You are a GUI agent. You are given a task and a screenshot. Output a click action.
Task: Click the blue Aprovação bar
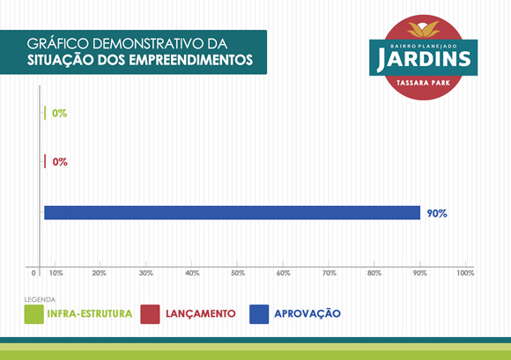pos(232,213)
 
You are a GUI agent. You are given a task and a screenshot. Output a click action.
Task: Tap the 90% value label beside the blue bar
pos(437,214)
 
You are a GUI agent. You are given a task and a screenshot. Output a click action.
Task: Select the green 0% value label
pos(60,114)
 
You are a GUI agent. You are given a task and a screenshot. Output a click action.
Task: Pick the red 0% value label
pos(60,162)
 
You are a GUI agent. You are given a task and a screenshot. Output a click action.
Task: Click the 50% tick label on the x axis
pos(238,273)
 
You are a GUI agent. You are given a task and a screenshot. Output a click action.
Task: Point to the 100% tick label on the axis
pos(465,273)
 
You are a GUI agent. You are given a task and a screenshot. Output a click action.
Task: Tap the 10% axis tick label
pos(56,273)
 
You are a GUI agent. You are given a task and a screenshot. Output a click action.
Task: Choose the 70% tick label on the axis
pos(330,273)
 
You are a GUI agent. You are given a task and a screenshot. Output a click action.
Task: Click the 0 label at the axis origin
pos(33,273)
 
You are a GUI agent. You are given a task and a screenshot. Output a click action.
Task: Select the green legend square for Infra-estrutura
pos(33,314)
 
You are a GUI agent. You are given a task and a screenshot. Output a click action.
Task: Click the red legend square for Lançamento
pos(150,314)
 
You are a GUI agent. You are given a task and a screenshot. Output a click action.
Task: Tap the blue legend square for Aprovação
pos(259,314)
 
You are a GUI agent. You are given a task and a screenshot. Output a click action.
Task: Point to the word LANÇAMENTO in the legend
pos(201,313)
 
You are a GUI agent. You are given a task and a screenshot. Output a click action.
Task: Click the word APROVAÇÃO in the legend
pos(307,313)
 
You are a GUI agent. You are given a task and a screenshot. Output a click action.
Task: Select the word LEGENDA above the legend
pos(40,299)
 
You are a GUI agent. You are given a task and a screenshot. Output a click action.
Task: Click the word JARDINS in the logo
pos(424,60)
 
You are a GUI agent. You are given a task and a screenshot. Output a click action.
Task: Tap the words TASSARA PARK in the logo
pos(423,83)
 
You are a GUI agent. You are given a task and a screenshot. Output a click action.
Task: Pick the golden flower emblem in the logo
pos(423,29)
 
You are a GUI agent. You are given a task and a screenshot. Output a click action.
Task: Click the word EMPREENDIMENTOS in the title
pos(190,60)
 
